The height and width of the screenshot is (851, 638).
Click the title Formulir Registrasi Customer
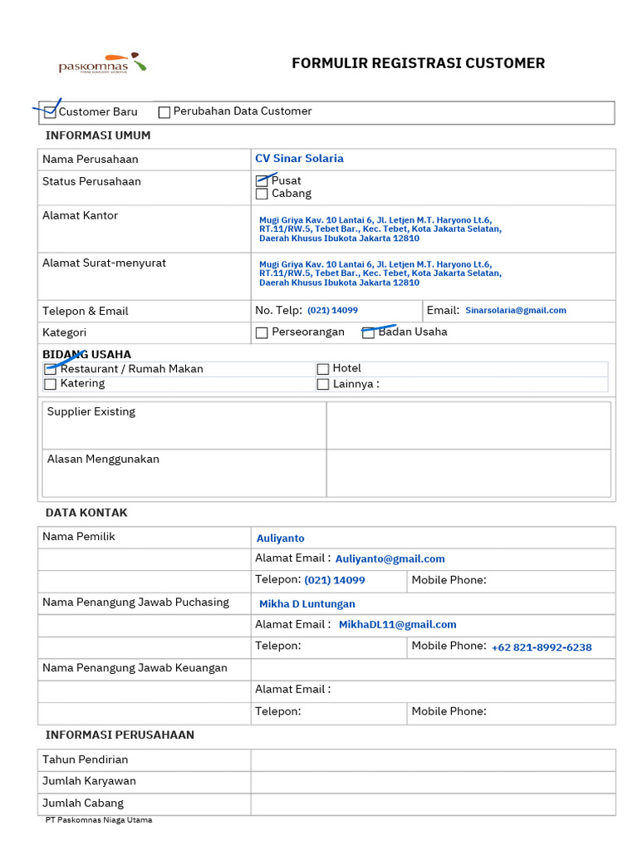(418, 63)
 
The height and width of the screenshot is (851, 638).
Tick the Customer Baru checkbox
(50, 112)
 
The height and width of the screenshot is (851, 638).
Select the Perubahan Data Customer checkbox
(164, 112)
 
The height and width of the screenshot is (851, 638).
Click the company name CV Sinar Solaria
(299, 159)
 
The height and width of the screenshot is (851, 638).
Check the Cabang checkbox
(262, 194)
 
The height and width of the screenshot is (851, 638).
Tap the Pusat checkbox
(262, 181)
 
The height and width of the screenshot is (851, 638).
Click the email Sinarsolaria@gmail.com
(515, 310)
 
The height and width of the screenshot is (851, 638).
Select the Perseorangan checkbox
(262, 332)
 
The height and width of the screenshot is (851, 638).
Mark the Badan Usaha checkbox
(368, 332)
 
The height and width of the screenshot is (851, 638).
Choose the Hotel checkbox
(323, 369)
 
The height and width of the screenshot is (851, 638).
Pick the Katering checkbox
(50, 384)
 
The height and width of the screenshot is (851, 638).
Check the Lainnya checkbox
(323, 385)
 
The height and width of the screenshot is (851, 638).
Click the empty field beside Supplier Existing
(468, 425)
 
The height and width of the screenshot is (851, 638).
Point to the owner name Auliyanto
(280, 539)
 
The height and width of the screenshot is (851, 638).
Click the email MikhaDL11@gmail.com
(397, 625)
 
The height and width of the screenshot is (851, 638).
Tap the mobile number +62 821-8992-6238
(542, 647)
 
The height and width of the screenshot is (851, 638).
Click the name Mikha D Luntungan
(307, 604)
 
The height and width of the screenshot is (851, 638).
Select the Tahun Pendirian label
(86, 760)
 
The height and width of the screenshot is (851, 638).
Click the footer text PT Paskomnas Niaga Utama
(99, 820)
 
